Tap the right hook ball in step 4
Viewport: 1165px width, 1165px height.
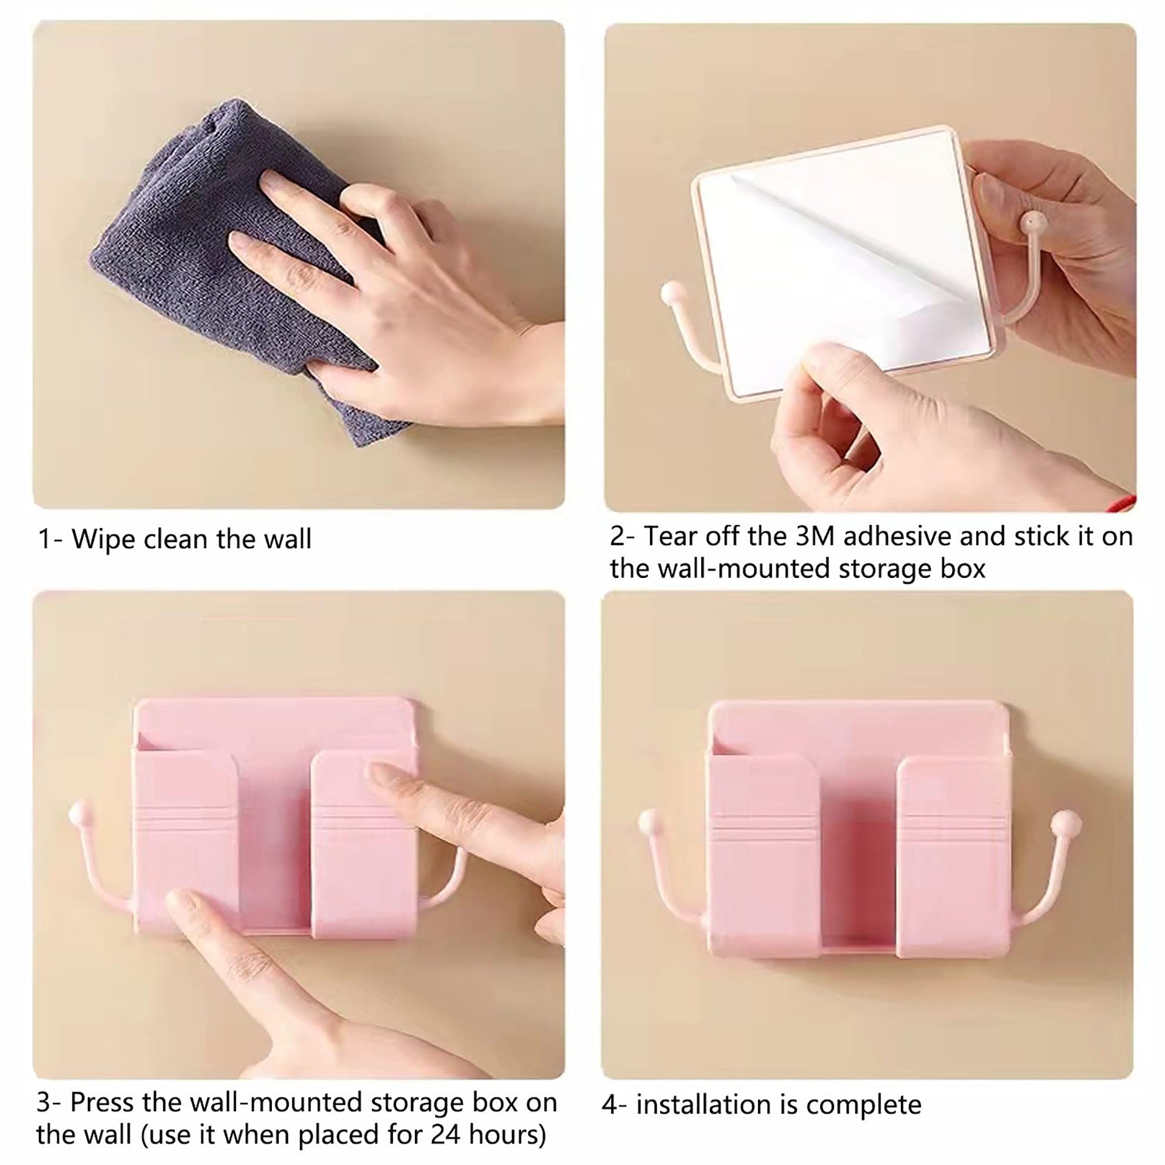pos(1061,823)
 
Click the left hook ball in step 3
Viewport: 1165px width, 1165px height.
pos(78,811)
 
